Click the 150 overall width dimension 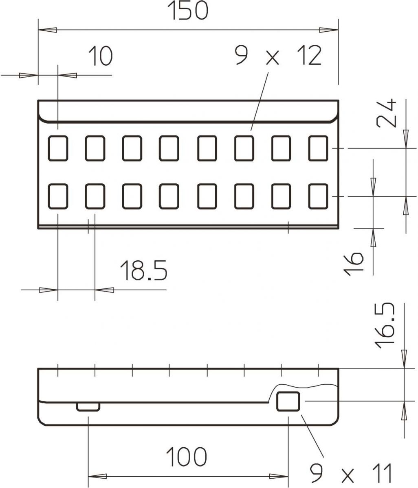point(189,11)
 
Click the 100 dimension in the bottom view point(187,457)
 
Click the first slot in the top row point(58,148)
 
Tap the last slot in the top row point(318,148)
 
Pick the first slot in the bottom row point(58,196)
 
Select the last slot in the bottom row point(318,196)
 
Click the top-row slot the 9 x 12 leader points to point(244,148)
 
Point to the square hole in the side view point(288,401)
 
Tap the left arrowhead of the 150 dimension point(47,30)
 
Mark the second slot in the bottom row point(95,196)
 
